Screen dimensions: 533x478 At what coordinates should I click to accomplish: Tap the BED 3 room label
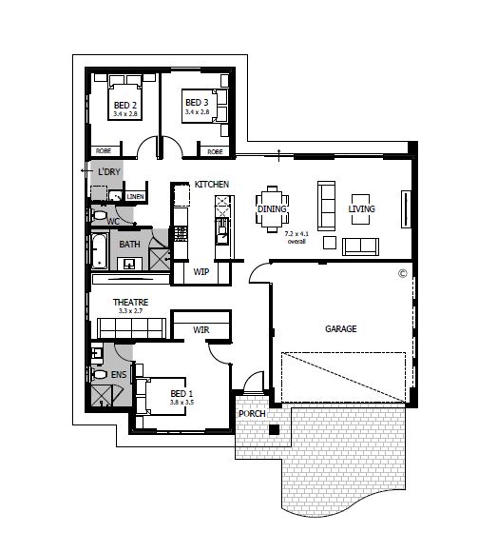[x=196, y=103]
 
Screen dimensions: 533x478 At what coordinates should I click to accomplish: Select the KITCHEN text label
[x=212, y=183]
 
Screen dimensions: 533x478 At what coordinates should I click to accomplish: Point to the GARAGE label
[x=340, y=329]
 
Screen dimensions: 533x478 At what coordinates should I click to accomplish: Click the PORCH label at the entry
[x=251, y=413]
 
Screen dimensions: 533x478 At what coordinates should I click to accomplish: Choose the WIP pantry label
[x=201, y=272]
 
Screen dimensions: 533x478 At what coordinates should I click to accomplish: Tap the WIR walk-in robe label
[x=201, y=330]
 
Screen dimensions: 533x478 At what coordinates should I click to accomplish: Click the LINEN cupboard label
[x=136, y=197]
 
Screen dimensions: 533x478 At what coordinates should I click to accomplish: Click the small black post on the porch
[x=274, y=431]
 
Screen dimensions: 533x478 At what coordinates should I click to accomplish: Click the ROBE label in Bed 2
[x=103, y=151]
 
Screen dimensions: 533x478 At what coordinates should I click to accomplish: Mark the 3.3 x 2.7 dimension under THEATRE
[x=131, y=311]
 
